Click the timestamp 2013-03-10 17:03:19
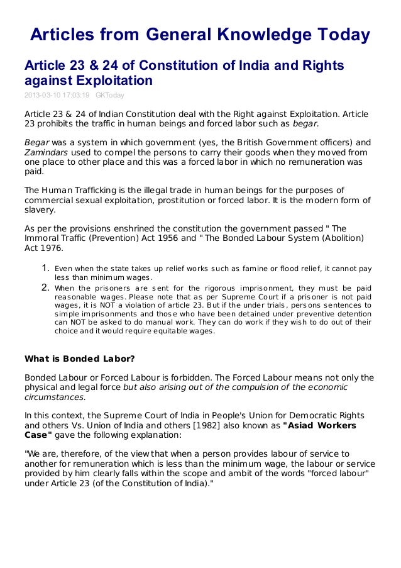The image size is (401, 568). coord(57,95)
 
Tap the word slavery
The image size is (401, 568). coord(40,210)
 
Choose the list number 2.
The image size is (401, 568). coord(45,288)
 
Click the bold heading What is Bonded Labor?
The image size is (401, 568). coord(79,360)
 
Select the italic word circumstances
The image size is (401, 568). coord(55,398)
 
